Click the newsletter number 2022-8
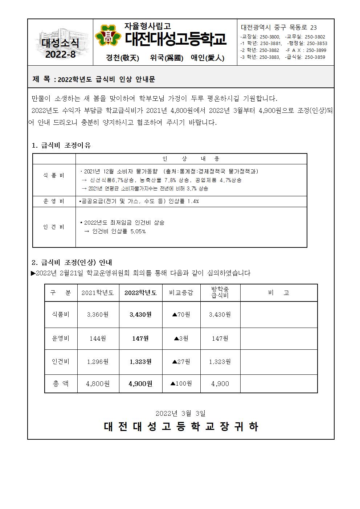click(x=61, y=54)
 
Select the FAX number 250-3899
click(x=316, y=50)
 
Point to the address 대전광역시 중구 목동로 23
click(x=278, y=28)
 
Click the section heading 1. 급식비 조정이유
click(x=61, y=145)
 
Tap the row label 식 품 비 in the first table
click(x=54, y=176)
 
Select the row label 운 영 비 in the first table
click(x=54, y=201)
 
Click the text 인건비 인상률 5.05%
click(x=119, y=231)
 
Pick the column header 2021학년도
click(x=98, y=293)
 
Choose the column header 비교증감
click(x=181, y=293)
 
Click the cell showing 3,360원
click(x=98, y=315)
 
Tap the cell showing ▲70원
click(x=181, y=315)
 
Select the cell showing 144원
click(x=98, y=338)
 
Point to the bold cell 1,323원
click(x=140, y=362)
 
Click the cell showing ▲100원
click(x=181, y=383)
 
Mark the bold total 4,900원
click(x=140, y=383)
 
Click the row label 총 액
click(x=61, y=383)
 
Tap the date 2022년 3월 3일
click(x=180, y=413)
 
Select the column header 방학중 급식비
click(x=220, y=292)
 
